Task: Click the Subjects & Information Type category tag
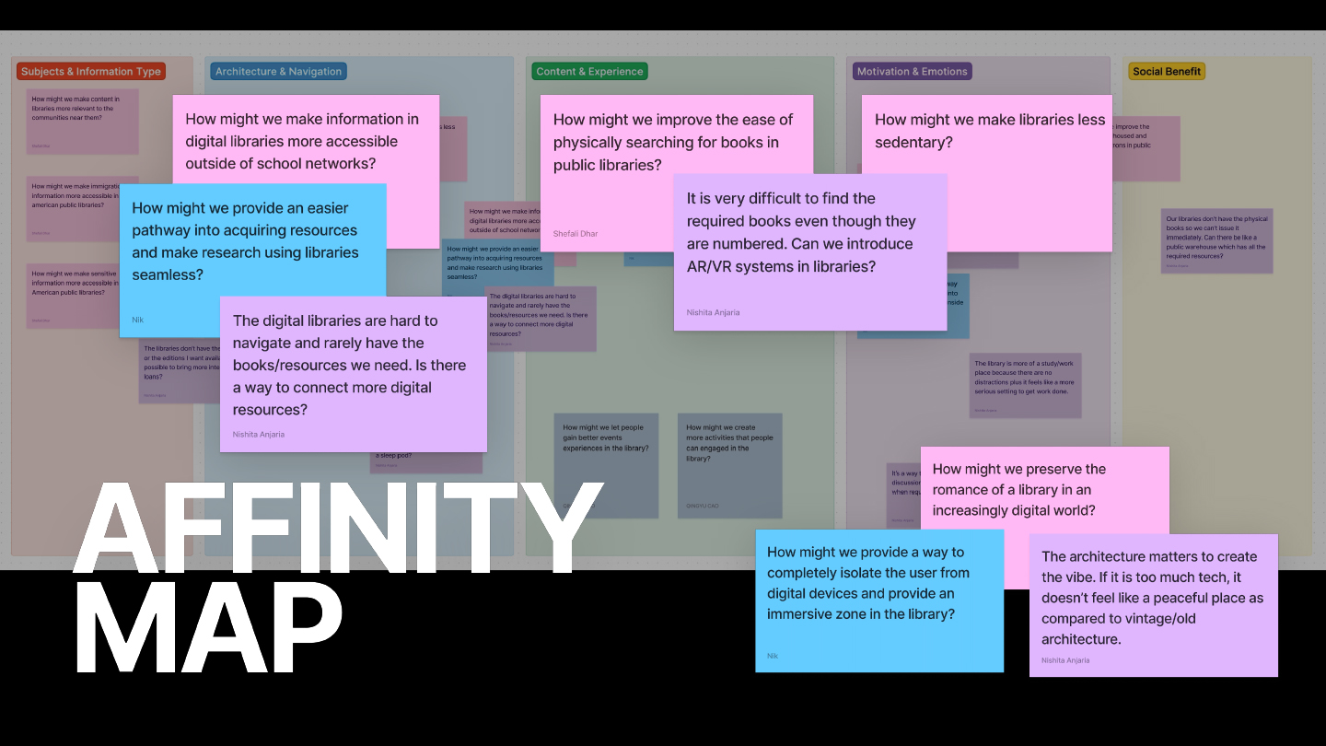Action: click(x=91, y=72)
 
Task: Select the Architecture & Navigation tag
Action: click(x=278, y=72)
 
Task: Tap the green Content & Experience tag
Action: click(x=589, y=72)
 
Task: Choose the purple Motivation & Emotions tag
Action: click(x=912, y=72)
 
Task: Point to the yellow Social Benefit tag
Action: click(x=1167, y=72)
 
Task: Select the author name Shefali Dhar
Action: click(x=576, y=234)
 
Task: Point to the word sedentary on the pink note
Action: click(x=913, y=143)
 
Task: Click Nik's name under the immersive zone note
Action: click(x=773, y=656)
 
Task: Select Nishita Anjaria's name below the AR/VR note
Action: click(x=713, y=313)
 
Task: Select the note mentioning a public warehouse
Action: click(x=1216, y=240)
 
